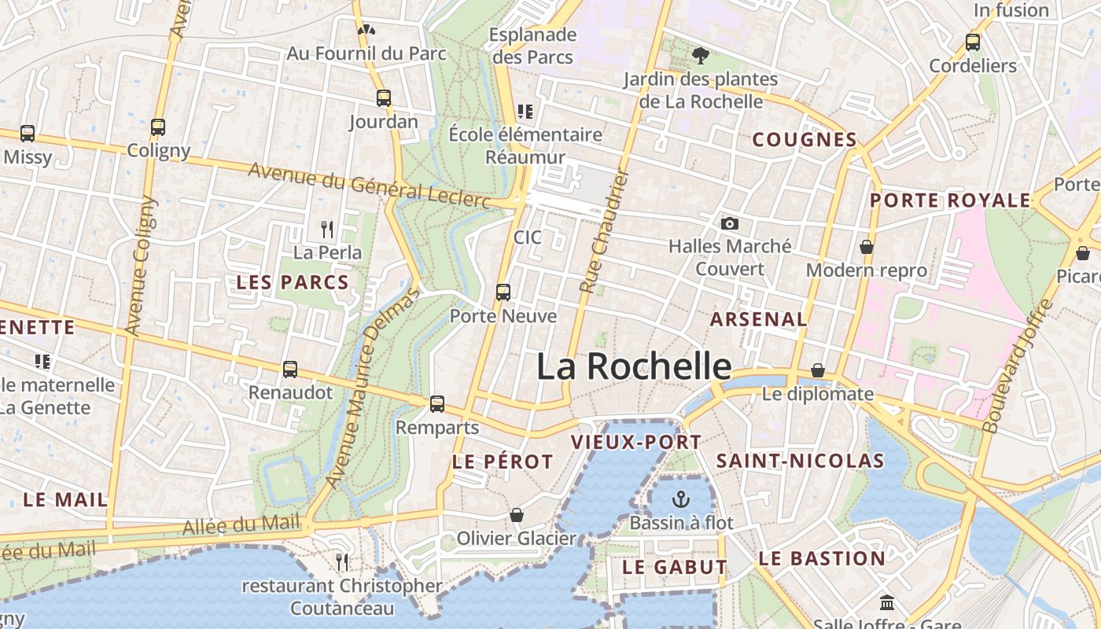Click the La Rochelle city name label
pos(634,366)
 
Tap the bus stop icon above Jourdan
pos(384,98)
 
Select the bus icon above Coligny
pos(158,127)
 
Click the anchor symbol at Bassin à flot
pos(681,498)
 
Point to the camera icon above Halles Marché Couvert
pos(729,223)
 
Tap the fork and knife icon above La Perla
pos(327,230)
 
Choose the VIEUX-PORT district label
pos(635,442)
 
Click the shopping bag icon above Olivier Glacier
pos(517,515)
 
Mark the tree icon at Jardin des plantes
pos(700,55)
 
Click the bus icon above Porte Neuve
pos(503,292)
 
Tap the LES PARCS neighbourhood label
pos(293,283)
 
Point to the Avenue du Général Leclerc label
pos(370,186)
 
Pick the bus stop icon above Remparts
pos(437,404)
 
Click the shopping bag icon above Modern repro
pos(867,247)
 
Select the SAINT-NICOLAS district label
pos(801,461)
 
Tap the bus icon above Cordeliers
pos(973,42)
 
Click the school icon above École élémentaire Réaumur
pos(525,112)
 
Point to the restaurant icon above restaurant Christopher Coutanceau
pos(342,561)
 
